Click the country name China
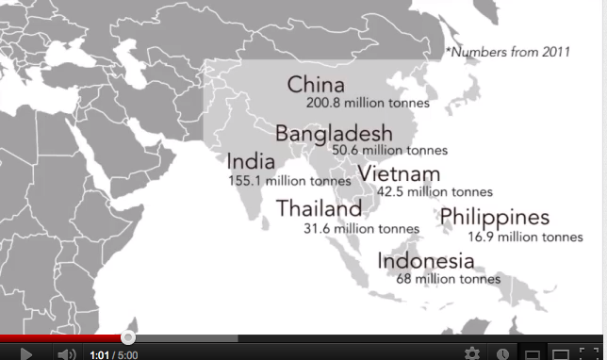tap(316, 85)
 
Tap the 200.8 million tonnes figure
tap(368, 103)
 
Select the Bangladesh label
tap(334, 132)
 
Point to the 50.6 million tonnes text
tap(389, 149)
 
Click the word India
tap(251, 161)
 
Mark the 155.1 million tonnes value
tap(289, 179)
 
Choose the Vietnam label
tap(399, 174)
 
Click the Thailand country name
tap(319, 209)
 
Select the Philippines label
tap(494, 218)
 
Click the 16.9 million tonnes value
tap(526, 237)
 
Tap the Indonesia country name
tap(425, 260)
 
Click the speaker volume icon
tap(66, 354)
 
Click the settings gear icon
tap(471, 354)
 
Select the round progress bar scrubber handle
tap(128, 337)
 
